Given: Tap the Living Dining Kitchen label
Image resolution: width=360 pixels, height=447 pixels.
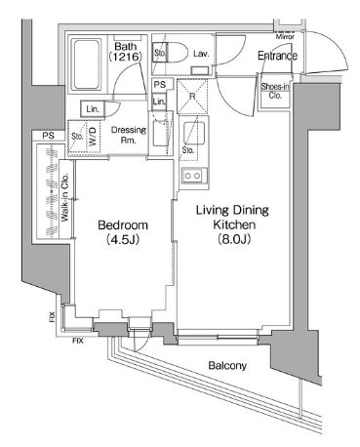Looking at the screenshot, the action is (232, 218).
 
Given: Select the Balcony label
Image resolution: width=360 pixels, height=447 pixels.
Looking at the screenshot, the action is (227, 366).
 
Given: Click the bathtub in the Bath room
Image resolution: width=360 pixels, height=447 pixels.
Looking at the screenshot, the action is (86, 64).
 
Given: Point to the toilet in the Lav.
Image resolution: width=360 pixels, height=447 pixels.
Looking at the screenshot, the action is (171, 53).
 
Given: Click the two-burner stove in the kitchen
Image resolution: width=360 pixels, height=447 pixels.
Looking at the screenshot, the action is (192, 176).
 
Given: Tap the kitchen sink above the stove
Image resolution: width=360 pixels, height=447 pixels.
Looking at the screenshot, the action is (194, 133).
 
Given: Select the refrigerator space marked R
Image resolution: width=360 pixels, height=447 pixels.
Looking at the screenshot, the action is (192, 97).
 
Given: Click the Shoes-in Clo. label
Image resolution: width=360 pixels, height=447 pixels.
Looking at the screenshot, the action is (275, 91).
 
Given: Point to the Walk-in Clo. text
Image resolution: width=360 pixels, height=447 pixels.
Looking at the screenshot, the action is (64, 197).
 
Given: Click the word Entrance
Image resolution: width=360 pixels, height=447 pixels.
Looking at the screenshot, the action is (277, 56).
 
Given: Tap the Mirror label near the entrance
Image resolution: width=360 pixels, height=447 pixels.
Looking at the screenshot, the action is (285, 37).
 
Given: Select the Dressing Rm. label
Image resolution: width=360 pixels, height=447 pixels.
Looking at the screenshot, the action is (129, 135).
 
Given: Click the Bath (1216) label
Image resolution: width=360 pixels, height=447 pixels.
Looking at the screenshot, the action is (126, 52).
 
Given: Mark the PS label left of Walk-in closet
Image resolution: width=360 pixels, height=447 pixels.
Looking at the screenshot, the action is (48, 136).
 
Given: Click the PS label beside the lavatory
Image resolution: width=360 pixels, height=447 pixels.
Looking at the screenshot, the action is (159, 85).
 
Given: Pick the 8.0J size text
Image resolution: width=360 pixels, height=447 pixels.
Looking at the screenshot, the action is (234, 239).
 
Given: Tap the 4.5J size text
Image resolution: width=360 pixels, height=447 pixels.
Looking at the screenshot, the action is (123, 240).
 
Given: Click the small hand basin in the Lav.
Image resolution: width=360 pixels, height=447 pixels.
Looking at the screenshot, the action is (199, 70).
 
